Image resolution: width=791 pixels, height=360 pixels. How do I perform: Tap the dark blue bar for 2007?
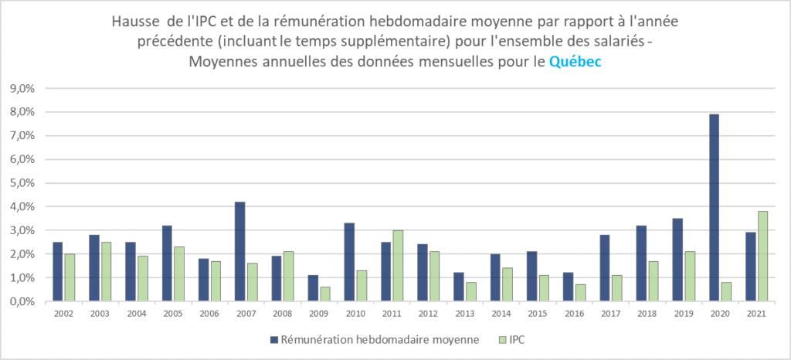click(240, 251)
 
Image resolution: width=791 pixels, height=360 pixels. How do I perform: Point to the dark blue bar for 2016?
click(569, 287)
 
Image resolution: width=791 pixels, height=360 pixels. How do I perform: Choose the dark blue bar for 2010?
click(350, 262)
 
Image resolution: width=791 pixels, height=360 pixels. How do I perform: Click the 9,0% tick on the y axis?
click(21, 88)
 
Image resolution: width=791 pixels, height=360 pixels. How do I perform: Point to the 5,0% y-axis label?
click(21, 183)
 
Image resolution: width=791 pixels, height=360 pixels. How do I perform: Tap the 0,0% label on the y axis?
click(21, 301)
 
